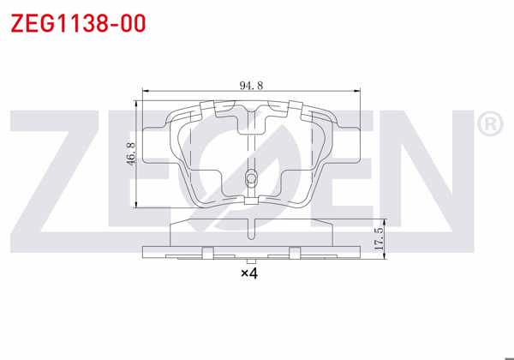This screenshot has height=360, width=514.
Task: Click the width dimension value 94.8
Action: point(250,85)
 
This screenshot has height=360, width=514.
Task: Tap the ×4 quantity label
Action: point(249,273)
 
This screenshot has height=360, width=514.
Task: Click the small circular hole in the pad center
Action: point(250,179)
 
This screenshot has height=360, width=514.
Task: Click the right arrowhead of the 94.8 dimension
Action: point(360,92)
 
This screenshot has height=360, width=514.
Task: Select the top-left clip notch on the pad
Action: point(206,109)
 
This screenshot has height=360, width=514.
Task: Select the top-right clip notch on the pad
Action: point(296,109)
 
